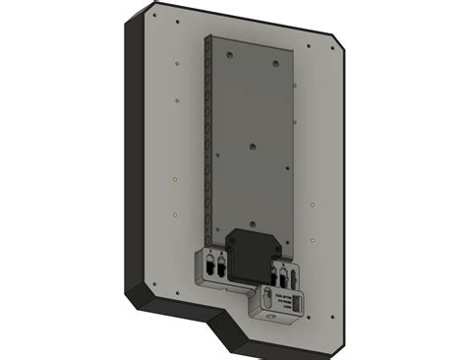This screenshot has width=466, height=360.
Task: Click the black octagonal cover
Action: click(x=249, y=250)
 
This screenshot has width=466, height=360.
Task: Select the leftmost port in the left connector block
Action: click(x=210, y=268)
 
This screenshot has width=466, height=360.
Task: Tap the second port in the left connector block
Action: click(x=222, y=268)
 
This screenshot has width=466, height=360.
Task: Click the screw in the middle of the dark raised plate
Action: click(x=251, y=147)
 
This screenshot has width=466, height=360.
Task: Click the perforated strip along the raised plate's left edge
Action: click(x=208, y=138)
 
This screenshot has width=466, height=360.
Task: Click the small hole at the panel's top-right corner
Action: click(x=311, y=44)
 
